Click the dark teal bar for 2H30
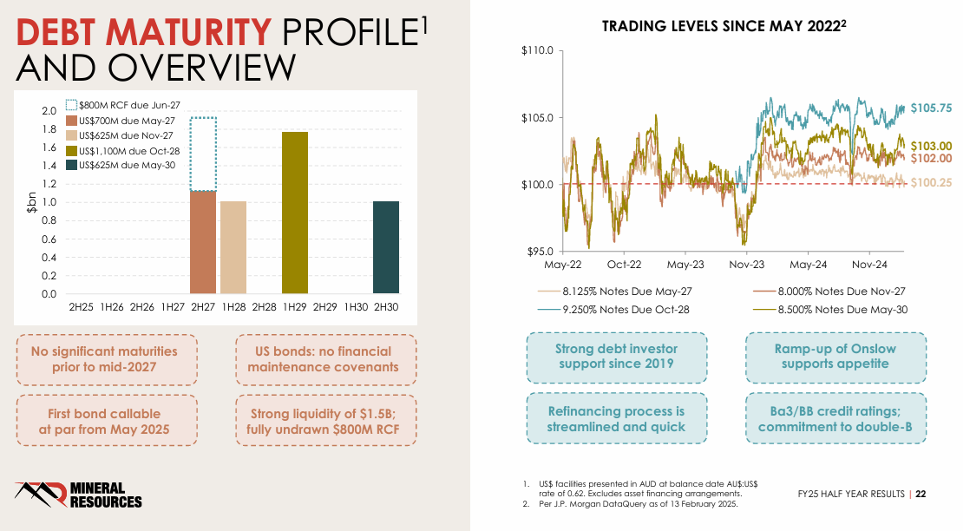(386, 247)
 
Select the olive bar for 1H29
(294, 213)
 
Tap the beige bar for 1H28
(233, 247)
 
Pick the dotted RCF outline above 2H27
(203, 154)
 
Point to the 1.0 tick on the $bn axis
(49, 202)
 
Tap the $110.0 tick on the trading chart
(537, 51)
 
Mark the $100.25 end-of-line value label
(931, 183)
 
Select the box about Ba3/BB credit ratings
(836, 419)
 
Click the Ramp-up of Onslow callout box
(836, 357)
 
